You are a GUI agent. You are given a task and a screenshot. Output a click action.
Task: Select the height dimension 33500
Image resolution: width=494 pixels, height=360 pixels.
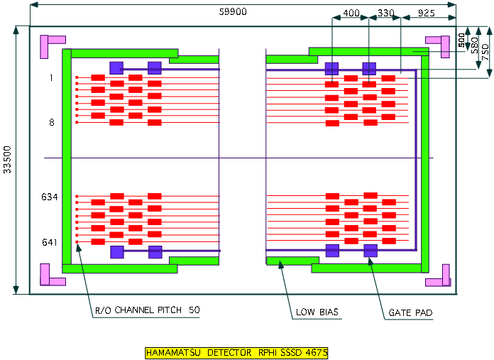(x=8, y=160)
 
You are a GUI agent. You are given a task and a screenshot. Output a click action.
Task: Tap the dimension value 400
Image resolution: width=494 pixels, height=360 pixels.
(x=351, y=13)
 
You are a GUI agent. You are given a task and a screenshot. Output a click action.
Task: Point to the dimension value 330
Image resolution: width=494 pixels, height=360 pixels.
(x=385, y=13)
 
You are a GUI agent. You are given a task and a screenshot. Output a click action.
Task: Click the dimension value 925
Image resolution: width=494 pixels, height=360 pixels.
(x=427, y=13)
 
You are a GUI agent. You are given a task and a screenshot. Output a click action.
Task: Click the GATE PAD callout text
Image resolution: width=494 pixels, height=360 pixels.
(x=410, y=312)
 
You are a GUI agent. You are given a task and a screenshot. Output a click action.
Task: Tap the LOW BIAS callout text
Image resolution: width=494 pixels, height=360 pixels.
(x=317, y=312)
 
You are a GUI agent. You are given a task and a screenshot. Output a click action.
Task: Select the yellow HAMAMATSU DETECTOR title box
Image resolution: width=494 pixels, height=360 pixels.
(x=236, y=352)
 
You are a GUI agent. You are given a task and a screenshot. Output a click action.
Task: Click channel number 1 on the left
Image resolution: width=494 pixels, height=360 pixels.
(x=51, y=78)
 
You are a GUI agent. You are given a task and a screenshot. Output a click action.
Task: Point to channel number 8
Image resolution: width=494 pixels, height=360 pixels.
(x=51, y=122)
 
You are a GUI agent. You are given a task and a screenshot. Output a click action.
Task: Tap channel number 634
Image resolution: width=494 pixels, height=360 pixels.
(x=49, y=197)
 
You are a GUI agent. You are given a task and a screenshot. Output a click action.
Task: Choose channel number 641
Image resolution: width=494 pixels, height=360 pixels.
(x=49, y=242)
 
